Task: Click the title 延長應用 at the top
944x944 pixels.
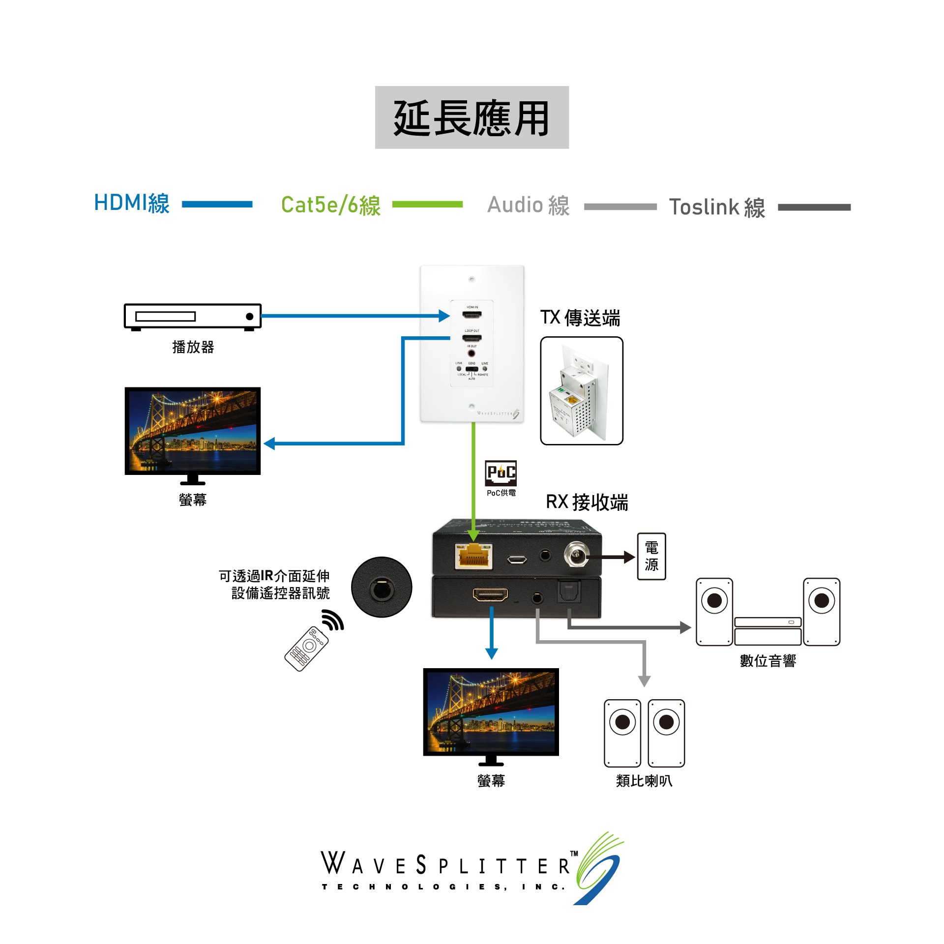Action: pos(472,118)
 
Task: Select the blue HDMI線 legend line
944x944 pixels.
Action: pos(217,204)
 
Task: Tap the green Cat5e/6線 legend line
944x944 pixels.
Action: pos(427,204)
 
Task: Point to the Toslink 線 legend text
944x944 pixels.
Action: pos(717,207)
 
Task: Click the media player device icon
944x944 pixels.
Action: pos(192,317)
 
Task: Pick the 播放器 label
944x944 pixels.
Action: pos(193,347)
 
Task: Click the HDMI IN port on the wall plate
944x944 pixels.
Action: pos(472,315)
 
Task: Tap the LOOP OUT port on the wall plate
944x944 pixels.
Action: pos(472,338)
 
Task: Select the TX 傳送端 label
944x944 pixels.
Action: pos(580,318)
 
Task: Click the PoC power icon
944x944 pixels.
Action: pos(501,473)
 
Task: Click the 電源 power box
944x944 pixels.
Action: pos(651,556)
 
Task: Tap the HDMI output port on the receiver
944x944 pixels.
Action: pos(490,595)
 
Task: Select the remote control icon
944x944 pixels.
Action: pos(307,648)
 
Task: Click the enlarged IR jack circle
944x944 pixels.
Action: pos(382,587)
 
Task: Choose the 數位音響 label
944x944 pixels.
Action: pos(767,661)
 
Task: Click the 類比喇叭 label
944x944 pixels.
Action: pos(644,781)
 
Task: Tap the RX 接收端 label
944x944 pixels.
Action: pos(587,502)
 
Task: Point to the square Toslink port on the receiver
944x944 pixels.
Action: pos(569,591)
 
